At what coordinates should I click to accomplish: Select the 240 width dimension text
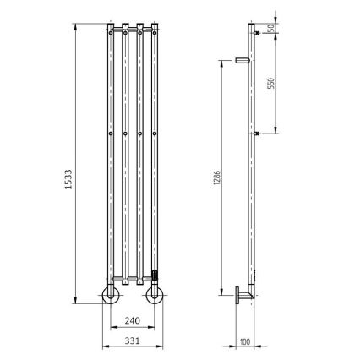coord(132,321)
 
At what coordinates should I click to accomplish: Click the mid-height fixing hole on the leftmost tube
coord(111,134)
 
